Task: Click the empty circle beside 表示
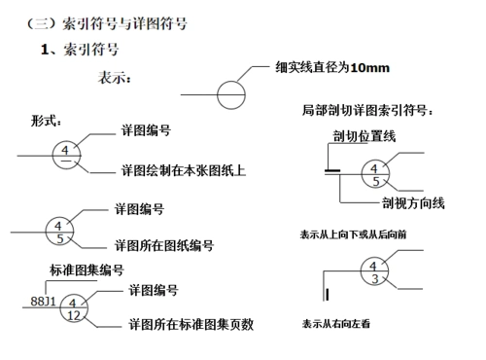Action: [x=231, y=94]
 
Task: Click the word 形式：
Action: [x=48, y=122]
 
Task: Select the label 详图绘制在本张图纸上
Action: [x=183, y=170]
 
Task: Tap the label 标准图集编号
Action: [x=86, y=269]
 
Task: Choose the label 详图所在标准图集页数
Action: [x=191, y=325]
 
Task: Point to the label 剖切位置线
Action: [x=364, y=136]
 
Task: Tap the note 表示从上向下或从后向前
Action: [x=354, y=234]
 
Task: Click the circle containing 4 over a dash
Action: [x=64, y=155]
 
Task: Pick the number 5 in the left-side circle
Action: [x=59, y=238]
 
